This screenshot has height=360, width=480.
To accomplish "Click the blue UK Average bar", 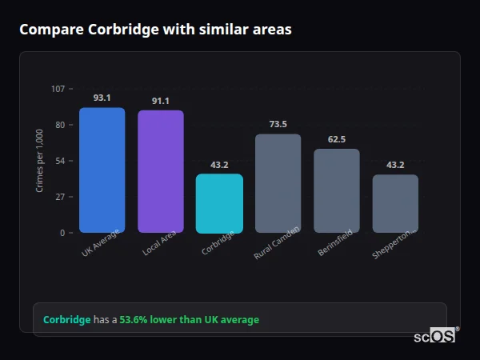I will pos(102,170).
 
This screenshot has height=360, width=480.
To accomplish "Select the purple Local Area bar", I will pos(160,172).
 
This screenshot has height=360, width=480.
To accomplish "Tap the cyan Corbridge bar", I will pos(219,203).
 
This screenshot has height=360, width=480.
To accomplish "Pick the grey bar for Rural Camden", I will pos(278,183).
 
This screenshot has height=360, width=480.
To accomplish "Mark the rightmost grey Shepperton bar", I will pos(395,203).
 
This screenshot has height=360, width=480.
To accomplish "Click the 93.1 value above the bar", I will pos(102,98).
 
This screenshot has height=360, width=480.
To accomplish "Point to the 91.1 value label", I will pos(160,101).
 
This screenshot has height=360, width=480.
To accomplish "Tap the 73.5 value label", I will pos(278,124).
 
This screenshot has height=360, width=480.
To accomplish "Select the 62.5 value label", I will pos(337,139).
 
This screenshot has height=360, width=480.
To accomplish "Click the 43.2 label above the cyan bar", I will pos(219,165).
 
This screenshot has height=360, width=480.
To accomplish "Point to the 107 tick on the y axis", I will pos(58,89).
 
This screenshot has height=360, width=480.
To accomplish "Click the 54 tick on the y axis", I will pos(60,161).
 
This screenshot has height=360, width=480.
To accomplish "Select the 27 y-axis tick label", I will pos(60,197).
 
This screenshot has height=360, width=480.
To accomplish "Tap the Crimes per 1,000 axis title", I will pos(40,161).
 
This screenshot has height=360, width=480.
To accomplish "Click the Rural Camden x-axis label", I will pos(277,242).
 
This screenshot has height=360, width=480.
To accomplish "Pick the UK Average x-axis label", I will pos(100,242).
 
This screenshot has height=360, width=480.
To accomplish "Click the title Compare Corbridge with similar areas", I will pos(155,30).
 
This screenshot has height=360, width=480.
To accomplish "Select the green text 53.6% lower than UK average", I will pos(190,320).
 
